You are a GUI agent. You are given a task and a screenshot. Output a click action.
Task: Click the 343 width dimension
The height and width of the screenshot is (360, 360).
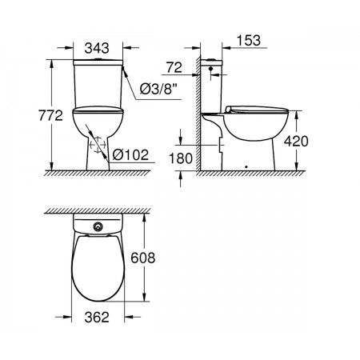(97, 48)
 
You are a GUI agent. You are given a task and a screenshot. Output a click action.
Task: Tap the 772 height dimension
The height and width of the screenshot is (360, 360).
(50, 115)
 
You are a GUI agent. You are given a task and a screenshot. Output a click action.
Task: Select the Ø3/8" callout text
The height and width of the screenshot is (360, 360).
(158, 90)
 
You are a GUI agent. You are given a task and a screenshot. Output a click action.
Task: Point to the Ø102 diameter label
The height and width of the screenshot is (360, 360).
(130, 154)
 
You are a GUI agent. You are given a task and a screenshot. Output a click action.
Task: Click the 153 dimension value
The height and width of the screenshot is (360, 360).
(249, 40)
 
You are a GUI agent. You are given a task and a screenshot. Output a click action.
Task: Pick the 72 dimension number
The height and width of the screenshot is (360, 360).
(174, 67)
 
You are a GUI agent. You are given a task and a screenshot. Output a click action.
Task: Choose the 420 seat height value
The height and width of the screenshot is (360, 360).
(296, 141)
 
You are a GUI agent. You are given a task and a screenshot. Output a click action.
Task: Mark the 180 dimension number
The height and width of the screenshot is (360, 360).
(181, 158)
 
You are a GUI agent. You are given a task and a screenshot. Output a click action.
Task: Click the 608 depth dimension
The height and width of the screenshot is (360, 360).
(142, 258)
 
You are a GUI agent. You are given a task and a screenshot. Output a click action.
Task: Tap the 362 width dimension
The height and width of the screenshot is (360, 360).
(97, 317)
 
